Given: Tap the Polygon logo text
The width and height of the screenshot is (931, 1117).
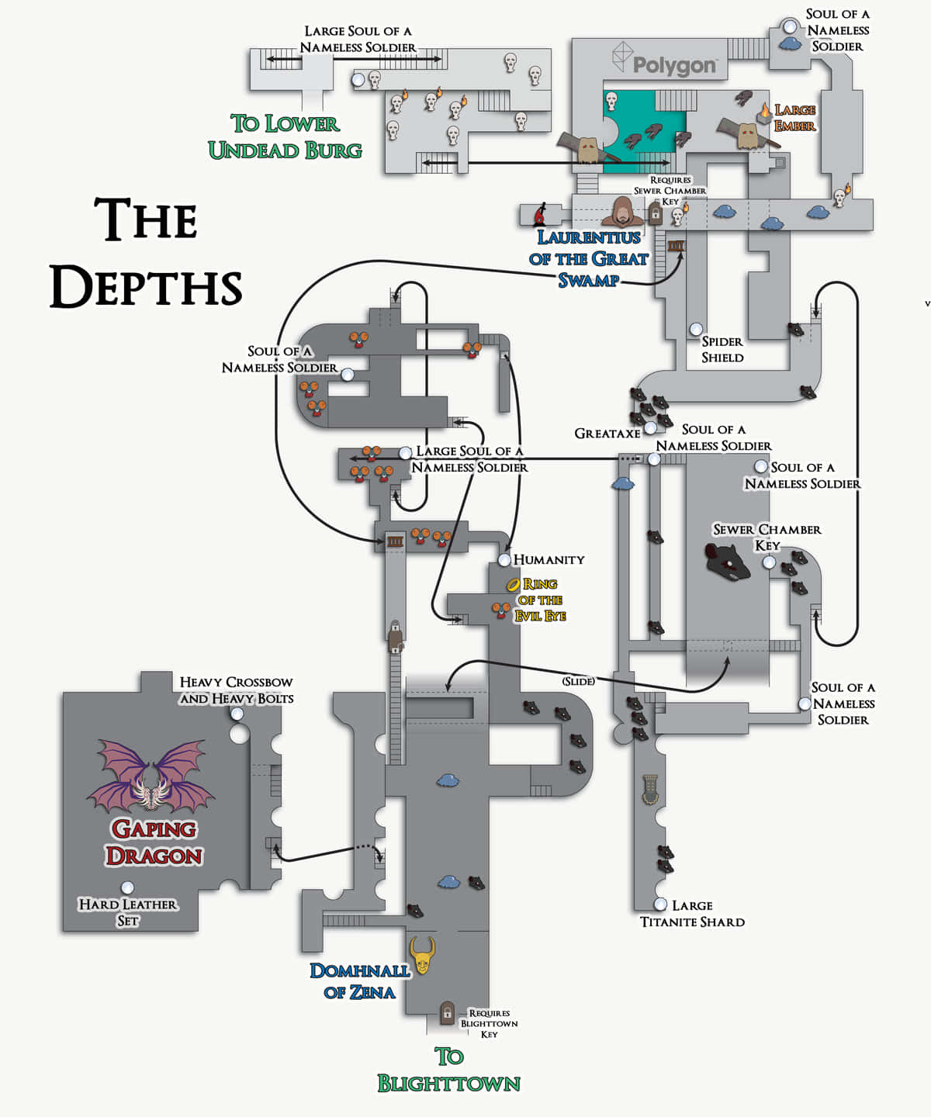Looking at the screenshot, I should (x=673, y=65).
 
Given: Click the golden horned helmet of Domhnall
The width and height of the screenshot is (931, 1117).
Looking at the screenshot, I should (x=423, y=956).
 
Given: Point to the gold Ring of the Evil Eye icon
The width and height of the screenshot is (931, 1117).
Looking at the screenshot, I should (x=513, y=584).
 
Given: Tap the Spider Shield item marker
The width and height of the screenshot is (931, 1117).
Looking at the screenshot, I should (x=697, y=330).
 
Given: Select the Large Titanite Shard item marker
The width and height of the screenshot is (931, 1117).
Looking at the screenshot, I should (x=660, y=904).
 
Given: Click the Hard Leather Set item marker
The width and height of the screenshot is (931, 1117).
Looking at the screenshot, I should (x=127, y=887).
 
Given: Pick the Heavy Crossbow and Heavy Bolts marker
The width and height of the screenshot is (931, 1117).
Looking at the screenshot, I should (x=237, y=714).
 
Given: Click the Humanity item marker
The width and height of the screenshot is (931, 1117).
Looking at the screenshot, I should (x=504, y=559).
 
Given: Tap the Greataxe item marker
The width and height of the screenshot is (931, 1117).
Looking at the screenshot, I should (x=650, y=428).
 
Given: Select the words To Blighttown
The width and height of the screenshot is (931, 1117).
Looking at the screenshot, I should (x=448, y=1070).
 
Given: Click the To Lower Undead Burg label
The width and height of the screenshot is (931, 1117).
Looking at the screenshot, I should (x=285, y=137).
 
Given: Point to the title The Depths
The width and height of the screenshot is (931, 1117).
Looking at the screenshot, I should (x=147, y=253).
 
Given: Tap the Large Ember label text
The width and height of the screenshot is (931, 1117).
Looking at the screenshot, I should (x=795, y=118).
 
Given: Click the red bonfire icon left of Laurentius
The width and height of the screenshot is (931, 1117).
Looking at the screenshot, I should (x=541, y=213).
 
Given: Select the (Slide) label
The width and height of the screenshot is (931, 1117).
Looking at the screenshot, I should (x=579, y=681).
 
